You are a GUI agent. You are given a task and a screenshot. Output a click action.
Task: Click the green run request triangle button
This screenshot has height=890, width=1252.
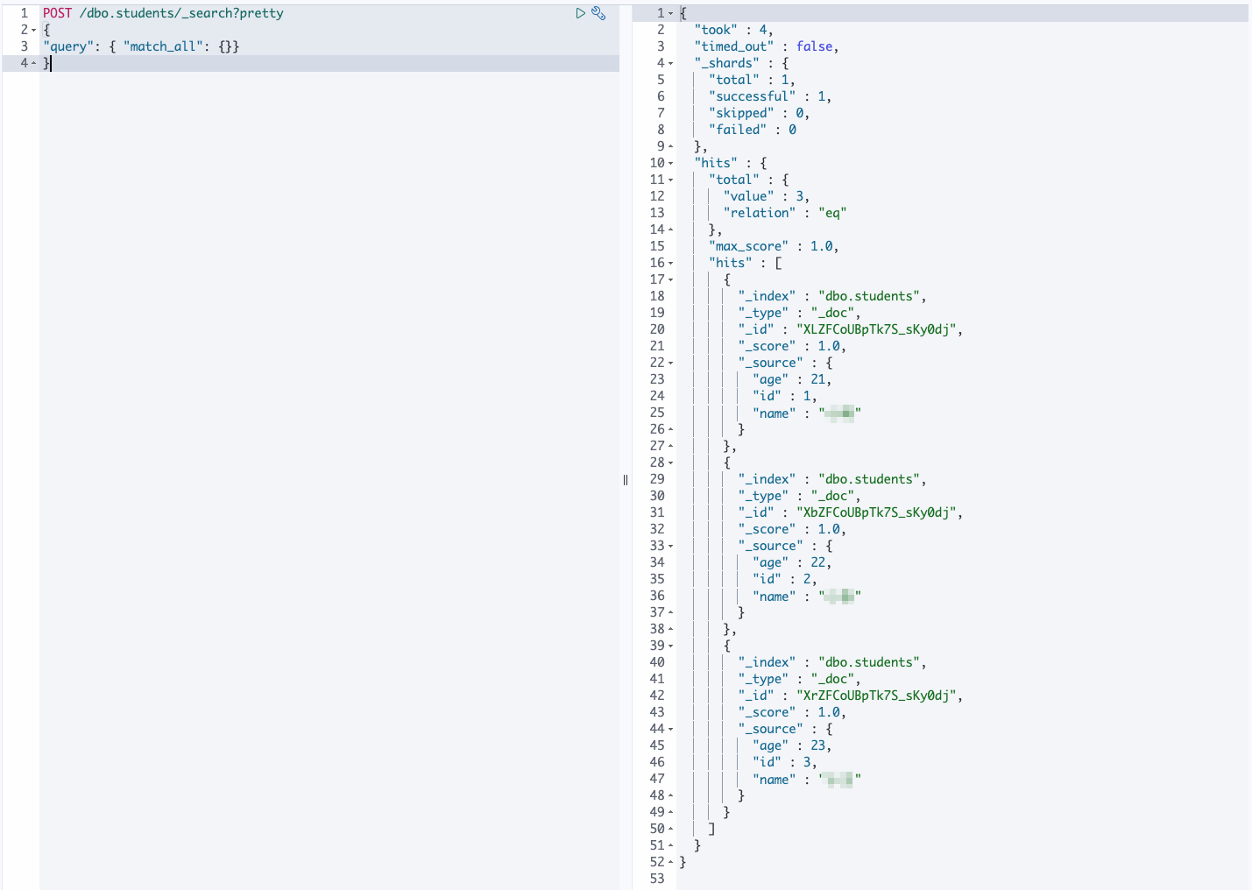point(580,13)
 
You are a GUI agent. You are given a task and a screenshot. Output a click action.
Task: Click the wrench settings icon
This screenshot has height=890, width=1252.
point(598,13)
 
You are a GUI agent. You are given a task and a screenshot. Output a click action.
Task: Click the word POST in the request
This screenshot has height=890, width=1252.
point(57,13)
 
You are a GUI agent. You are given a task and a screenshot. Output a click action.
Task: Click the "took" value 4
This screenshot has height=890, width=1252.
point(763,30)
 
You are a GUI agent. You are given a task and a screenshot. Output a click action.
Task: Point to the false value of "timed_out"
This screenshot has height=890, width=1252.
point(814,46)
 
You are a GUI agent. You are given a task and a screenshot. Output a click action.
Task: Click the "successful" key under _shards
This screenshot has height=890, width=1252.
point(752,96)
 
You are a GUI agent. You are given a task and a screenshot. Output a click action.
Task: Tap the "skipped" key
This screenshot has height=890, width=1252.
point(741,113)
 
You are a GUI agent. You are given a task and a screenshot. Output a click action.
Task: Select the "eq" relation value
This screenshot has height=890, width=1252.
point(832,213)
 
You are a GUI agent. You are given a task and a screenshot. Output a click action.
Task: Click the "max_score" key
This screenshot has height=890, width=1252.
point(748,246)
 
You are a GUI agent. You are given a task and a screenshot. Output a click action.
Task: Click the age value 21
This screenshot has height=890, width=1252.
point(817,379)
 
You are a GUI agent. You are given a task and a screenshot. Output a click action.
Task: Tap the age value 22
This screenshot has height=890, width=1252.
point(817,562)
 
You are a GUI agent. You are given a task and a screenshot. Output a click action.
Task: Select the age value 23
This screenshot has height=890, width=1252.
point(817,745)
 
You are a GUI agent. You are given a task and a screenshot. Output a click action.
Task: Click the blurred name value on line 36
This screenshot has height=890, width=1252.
point(839,597)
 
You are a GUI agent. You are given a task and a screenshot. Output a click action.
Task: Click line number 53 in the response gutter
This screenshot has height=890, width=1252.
point(657,879)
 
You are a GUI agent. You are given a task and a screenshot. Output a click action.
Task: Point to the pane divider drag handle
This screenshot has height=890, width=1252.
point(626,480)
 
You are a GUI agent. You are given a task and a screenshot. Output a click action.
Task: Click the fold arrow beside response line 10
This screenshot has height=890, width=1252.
point(671,163)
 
